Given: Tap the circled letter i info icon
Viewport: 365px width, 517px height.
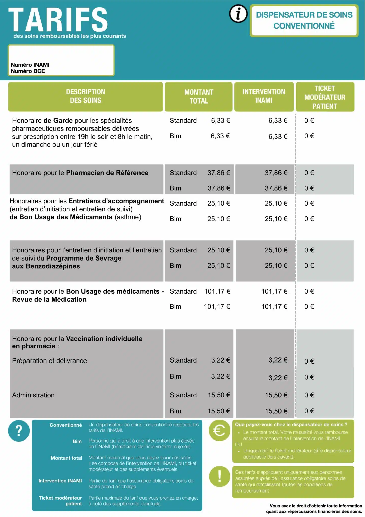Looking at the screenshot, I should pos(238,14).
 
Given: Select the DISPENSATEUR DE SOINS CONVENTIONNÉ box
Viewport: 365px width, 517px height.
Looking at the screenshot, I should pos(304,20).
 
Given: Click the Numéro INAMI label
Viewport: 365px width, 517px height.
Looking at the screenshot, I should pos(30,65).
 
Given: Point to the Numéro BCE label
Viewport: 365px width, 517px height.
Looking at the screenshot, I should pos(28,71).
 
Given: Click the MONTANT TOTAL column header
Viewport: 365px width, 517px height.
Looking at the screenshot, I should pos(199,96).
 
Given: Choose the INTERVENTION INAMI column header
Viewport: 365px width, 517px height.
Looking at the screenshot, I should pos(264,96).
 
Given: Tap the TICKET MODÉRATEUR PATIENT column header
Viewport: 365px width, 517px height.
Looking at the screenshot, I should pos(325,97).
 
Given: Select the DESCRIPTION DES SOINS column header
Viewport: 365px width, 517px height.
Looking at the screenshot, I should pos(86,96).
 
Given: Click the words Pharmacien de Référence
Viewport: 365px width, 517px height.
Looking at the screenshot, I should pos(107,173).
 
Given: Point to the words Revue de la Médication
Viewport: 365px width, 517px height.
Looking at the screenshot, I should pos(49,299).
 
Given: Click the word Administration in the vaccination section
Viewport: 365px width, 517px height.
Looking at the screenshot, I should pos(33,395).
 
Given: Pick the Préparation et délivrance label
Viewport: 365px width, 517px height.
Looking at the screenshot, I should pos(49,361).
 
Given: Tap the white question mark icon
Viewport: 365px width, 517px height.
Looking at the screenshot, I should pos(19,431).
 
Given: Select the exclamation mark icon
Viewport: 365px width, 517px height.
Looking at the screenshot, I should pos(219,476).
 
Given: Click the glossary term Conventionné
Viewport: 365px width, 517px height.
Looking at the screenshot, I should pos(66,425).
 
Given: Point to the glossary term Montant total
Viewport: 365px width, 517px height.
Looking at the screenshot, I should pos(66,458).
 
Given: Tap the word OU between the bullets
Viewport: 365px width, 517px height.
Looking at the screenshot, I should pos(238,445).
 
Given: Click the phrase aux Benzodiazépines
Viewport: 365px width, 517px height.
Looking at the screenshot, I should pos(46,266).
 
